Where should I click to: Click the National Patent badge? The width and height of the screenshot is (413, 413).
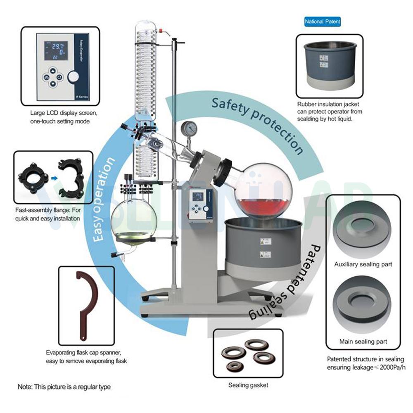323,21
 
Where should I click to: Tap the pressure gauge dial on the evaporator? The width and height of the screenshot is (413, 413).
189,128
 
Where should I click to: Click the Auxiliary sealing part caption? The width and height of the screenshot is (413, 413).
363,264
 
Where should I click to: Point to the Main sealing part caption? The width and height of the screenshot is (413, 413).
363,342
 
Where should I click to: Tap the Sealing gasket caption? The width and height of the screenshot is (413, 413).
248,385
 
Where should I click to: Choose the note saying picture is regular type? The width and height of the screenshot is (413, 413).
64,387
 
